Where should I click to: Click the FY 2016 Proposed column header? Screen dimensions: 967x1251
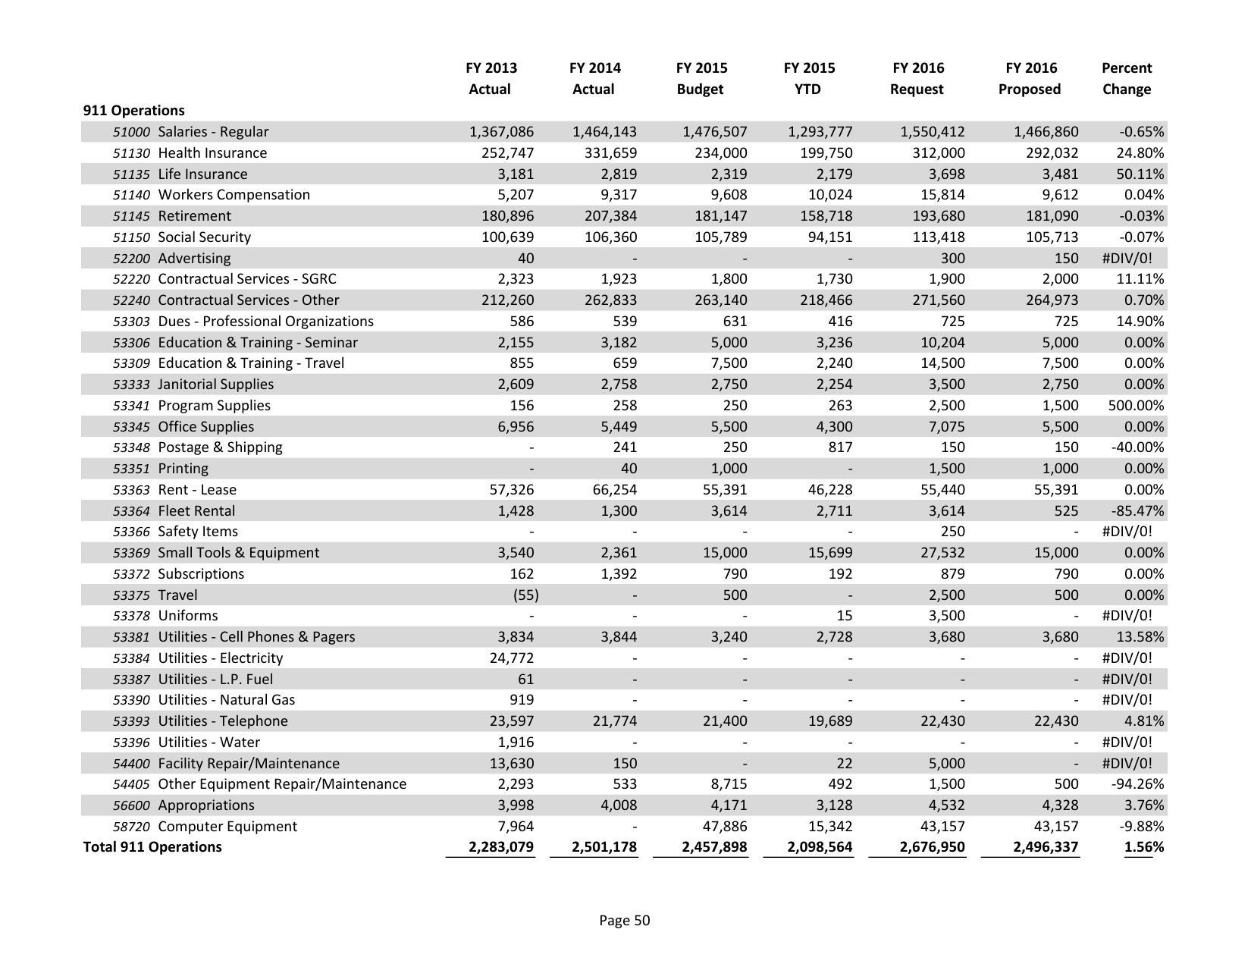tap(1030, 78)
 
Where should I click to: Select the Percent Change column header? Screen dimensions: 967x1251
tap(1126, 78)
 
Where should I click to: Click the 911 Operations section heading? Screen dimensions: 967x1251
tap(133, 110)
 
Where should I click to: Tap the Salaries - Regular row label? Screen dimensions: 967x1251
tap(213, 131)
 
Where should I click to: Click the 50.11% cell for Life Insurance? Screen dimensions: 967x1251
tap(1140, 174)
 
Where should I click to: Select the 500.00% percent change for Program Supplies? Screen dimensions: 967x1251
tap(1135, 405)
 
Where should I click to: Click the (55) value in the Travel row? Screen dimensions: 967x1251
tap(525, 595)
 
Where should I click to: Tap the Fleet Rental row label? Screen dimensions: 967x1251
tap(196, 510)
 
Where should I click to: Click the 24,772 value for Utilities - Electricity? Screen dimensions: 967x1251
tap(509, 658)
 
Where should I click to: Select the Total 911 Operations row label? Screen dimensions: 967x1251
tap(152, 846)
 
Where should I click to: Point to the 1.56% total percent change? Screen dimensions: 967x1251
tap(1143, 846)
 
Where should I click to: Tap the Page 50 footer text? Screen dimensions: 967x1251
tap(624, 920)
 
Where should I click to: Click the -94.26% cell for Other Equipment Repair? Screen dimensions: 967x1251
tap(1137, 783)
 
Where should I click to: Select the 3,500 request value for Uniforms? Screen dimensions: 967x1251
tap(945, 615)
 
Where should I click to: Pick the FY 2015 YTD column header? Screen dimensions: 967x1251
tap(809, 78)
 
